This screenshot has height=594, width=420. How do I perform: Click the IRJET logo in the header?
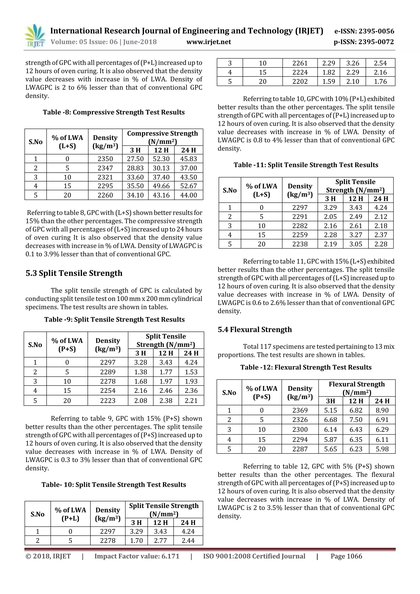coord(35,36)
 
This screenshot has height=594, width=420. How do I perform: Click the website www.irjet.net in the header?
coord(209,42)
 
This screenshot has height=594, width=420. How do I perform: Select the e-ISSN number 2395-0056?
coord(364,31)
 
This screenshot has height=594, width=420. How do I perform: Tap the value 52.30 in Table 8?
coord(161,159)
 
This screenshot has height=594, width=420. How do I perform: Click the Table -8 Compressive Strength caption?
coord(114,112)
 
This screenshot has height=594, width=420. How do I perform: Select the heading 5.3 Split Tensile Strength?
coord(74,273)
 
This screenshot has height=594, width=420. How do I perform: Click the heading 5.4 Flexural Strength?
coord(255,329)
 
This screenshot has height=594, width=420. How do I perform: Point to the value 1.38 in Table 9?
coord(140,372)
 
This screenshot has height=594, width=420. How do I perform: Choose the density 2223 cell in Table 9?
coord(108,400)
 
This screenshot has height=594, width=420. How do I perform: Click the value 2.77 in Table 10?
coord(160,540)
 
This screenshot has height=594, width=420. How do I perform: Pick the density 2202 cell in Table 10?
coord(300,81)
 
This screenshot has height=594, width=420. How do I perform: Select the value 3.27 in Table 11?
coord(356,235)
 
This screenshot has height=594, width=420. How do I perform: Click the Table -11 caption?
coord(306,165)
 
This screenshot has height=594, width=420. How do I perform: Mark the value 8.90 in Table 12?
coord(382,410)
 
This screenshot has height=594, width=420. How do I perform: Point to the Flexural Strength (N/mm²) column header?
coord(357,388)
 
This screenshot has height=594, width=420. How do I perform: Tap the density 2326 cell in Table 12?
coord(300,420)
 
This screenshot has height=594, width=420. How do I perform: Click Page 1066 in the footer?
coord(346,556)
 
